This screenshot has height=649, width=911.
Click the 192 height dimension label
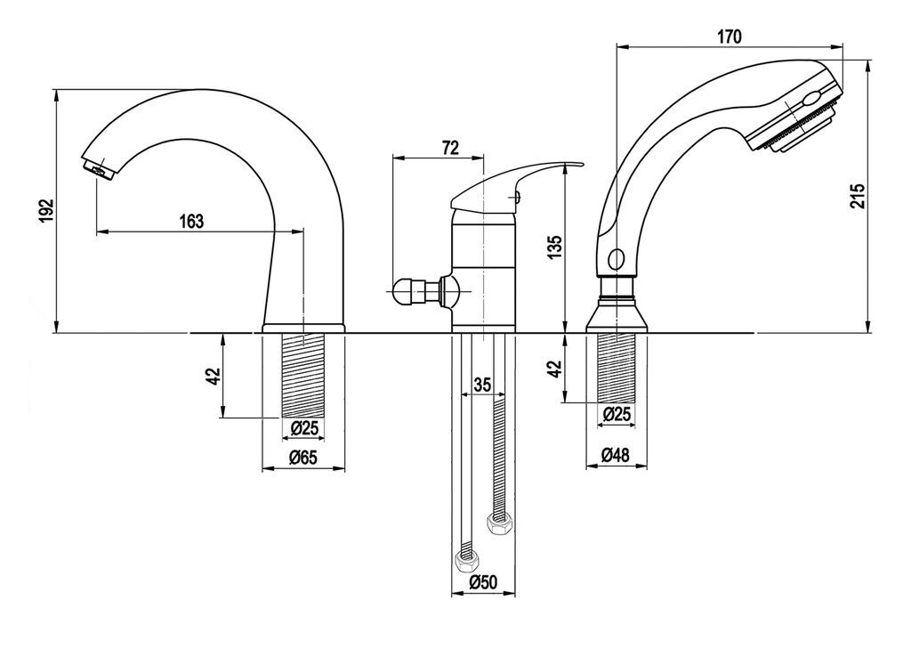(47, 211)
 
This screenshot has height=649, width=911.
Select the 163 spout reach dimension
(192, 222)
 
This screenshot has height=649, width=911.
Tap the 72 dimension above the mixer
(449, 148)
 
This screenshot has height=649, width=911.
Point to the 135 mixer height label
(555, 247)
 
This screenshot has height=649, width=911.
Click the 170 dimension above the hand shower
(730, 37)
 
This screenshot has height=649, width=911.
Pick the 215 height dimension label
(859, 196)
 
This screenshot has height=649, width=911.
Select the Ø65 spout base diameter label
(303, 458)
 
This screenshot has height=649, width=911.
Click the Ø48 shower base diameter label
(616, 455)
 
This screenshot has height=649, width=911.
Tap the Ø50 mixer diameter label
(483, 582)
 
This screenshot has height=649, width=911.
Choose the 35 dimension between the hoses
(482, 385)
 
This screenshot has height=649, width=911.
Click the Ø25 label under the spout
(304, 428)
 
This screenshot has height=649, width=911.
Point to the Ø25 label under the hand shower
(617, 414)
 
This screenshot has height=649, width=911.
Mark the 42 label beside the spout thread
(214, 377)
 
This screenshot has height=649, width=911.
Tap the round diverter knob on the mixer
(405, 290)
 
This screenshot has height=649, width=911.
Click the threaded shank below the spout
(303, 376)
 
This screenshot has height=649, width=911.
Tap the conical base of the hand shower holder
(617, 316)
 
